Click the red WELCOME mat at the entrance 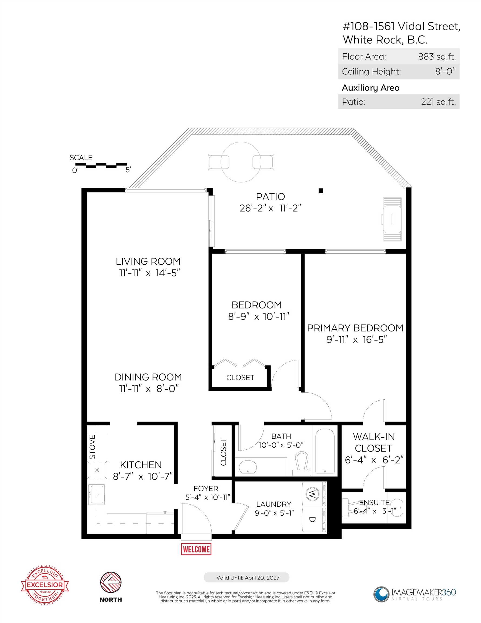pos(196,549)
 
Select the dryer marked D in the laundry pos(314,520)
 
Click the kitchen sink pos(97,494)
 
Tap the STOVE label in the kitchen pos(92,447)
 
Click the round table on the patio pos(241,162)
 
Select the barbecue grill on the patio pos(392,219)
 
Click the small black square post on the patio pos(321,191)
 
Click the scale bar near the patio pos(101,165)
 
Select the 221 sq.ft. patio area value pos(438,102)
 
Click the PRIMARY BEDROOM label pos(355,328)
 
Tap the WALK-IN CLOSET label pos(374,442)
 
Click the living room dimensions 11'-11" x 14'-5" pos(149,273)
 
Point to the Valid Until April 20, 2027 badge pos(246,578)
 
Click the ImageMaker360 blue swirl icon pos(381,594)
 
